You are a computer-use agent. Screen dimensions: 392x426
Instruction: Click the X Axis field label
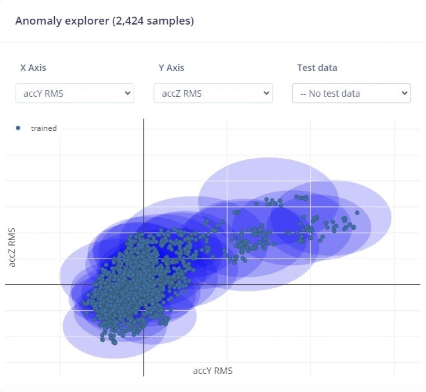click(x=33, y=68)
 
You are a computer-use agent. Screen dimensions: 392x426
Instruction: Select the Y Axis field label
click(x=171, y=68)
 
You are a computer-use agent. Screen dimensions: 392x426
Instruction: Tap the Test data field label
click(x=317, y=68)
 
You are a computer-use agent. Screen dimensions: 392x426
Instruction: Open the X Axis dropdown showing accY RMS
click(x=75, y=94)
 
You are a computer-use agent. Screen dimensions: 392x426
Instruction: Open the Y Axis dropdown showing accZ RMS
click(x=213, y=94)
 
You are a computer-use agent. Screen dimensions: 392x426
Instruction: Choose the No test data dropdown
click(x=351, y=94)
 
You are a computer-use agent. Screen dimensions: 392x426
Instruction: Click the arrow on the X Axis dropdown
click(x=127, y=94)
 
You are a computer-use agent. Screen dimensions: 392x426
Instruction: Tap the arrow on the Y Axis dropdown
click(x=265, y=94)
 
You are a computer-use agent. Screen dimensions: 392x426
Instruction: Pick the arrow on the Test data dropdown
click(x=404, y=94)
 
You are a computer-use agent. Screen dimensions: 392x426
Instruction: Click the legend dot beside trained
click(x=18, y=128)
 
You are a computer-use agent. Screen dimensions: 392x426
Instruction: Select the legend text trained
click(x=43, y=128)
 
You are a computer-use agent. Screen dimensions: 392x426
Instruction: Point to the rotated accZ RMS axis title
click(x=13, y=247)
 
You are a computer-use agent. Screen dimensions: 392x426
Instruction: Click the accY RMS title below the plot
click(x=213, y=371)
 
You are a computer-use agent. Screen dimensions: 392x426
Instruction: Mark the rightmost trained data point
click(x=357, y=213)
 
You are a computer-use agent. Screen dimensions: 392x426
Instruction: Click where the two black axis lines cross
click(x=143, y=285)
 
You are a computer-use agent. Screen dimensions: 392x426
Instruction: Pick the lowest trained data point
click(x=114, y=342)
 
